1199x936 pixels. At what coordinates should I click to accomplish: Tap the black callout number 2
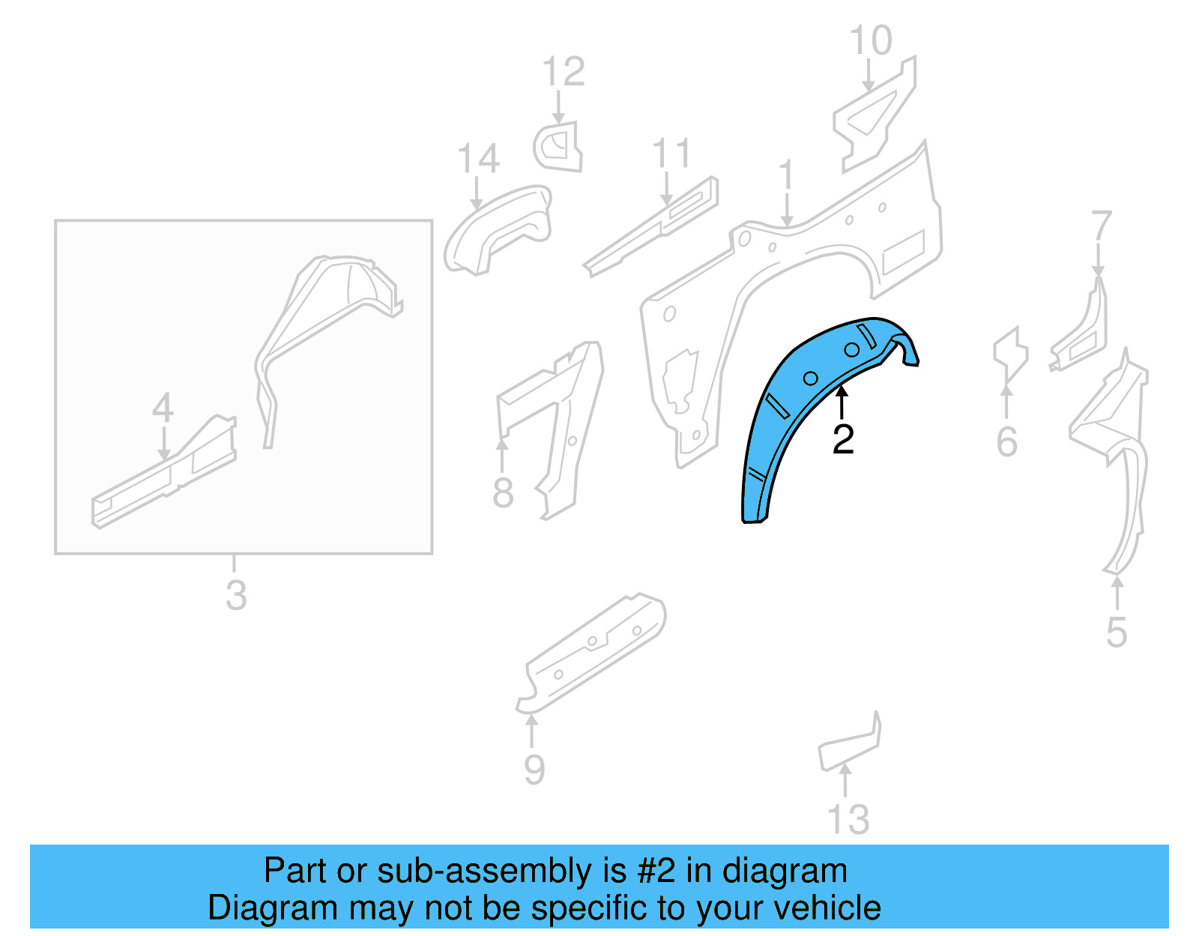(843, 439)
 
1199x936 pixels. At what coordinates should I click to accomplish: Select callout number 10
(871, 40)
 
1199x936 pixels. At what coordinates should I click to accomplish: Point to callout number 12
(563, 72)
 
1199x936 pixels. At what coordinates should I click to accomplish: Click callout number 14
(478, 159)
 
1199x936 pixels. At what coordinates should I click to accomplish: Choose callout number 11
(671, 154)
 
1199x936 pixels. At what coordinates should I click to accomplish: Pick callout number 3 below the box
(236, 595)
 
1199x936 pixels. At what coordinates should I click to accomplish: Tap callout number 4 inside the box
(163, 408)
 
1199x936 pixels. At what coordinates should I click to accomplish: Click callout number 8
(503, 493)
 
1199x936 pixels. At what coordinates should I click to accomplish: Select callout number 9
(534, 770)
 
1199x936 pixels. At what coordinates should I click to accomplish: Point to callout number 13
(848, 820)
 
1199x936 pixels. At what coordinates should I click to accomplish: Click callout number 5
(1117, 633)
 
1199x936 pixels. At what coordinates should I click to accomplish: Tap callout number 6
(1007, 441)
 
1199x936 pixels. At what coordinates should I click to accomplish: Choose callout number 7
(1101, 226)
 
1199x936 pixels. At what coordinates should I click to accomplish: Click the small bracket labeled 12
(559, 147)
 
